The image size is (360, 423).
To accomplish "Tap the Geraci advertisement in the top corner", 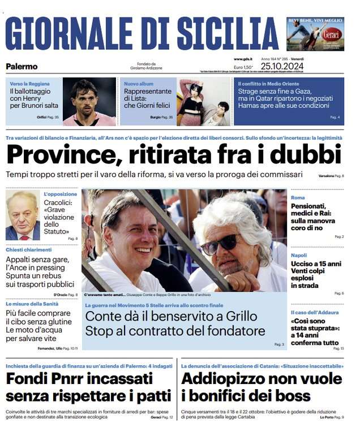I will [315, 34].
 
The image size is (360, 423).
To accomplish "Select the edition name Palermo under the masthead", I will [22, 67].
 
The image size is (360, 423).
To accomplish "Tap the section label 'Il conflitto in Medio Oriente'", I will [269, 84].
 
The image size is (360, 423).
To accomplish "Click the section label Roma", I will [298, 197].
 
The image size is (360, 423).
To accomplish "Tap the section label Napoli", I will [299, 255].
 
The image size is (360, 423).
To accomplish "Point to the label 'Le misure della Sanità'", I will [34, 304].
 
